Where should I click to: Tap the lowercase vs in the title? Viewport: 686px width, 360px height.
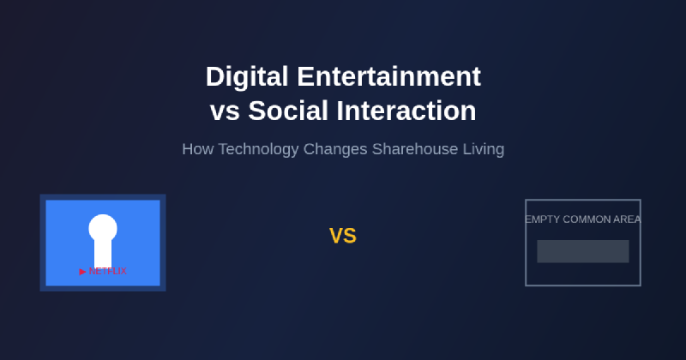click(x=226, y=111)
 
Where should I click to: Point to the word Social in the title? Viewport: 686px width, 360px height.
click(x=287, y=111)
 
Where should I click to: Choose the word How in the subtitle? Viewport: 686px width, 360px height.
click(x=197, y=149)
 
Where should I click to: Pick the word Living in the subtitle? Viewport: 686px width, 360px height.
click(x=484, y=149)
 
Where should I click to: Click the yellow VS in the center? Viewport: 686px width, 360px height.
click(x=343, y=237)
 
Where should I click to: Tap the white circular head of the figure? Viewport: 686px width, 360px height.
click(x=103, y=228)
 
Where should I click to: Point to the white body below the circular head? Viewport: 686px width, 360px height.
click(x=103, y=255)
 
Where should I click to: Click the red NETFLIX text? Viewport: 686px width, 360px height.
click(x=107, y=271)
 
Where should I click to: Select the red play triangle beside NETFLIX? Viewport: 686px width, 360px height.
click(x=83, y=272)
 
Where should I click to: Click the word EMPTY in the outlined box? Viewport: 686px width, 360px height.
click(x=542, y=219)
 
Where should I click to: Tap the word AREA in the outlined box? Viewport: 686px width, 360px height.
click(x=627, y=219)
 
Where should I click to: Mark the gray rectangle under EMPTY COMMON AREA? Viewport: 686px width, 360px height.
click(x=583, y=251)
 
